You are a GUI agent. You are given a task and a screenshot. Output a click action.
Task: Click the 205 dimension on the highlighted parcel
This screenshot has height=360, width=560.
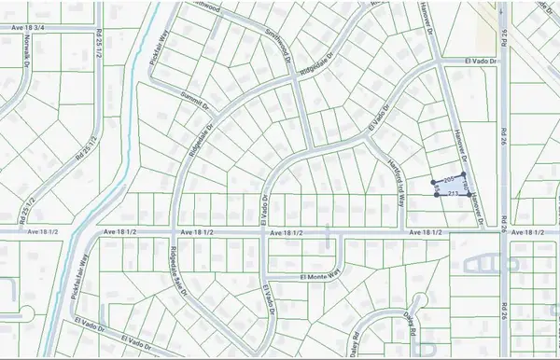coord(449,178)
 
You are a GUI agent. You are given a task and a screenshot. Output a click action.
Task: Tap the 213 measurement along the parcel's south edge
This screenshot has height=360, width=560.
coord(453,193)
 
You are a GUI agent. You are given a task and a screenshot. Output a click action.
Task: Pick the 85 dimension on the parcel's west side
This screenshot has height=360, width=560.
coord(436,188)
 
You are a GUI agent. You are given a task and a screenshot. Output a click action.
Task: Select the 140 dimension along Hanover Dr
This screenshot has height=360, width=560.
coord(466,188)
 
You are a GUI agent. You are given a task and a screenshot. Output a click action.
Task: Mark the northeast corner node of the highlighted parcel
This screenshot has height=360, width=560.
coord(465,174)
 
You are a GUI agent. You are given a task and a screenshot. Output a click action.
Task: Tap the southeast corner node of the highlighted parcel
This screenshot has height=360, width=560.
coord(469,196)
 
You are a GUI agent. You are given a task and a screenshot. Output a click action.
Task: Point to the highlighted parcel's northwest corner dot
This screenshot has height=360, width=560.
coord(433,182)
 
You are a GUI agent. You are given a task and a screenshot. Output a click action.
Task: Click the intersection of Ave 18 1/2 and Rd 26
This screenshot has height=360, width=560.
coord(509,231)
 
